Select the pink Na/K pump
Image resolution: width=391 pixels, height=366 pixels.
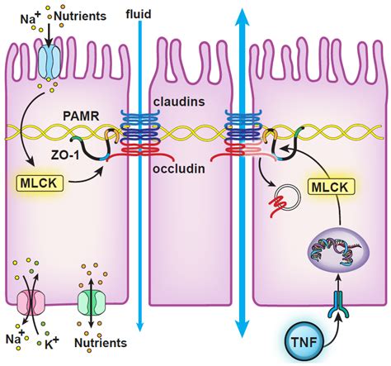click(x=27, y=298)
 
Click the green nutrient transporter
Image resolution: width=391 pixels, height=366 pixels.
click(x=92, y=301)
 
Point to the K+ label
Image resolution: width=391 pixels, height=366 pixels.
click(x=51, y=341)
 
